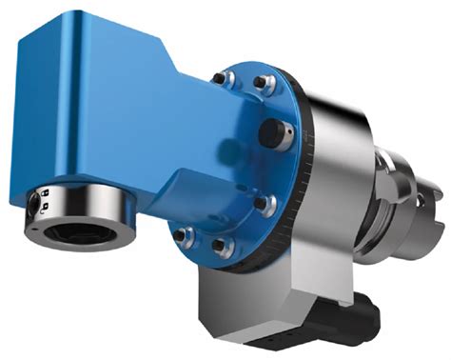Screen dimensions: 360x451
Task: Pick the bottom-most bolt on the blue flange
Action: click(222, 247)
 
